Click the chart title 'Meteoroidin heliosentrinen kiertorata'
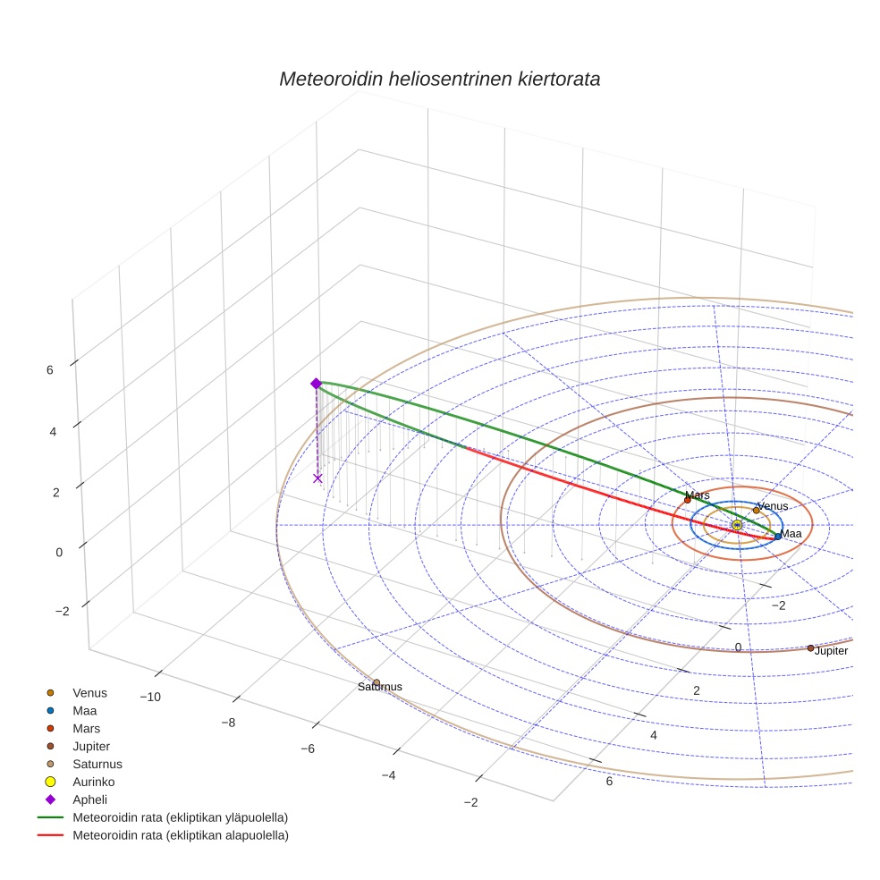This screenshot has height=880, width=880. coord(439,79)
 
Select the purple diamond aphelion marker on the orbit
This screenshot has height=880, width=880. coord(316,384)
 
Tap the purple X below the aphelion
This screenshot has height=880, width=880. coord(317,478)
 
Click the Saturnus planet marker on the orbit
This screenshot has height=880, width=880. coord(377,683)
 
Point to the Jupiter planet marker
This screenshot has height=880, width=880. coord(811,647)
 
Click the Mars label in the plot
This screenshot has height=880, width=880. coord(697,495)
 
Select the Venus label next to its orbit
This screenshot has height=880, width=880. coord(772,506)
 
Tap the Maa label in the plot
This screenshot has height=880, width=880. coord(791,534)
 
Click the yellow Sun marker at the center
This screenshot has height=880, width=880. coord(737,525)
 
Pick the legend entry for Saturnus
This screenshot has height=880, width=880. coord(97,764)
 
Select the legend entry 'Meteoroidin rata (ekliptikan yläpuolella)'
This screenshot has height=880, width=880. coord(180,817)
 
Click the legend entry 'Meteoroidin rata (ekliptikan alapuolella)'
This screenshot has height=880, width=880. coord(180,835)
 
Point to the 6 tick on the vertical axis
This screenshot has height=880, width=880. coord(50,369)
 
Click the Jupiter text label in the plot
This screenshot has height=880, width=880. coord(831,651)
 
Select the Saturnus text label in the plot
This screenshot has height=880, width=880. coord(380,687)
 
